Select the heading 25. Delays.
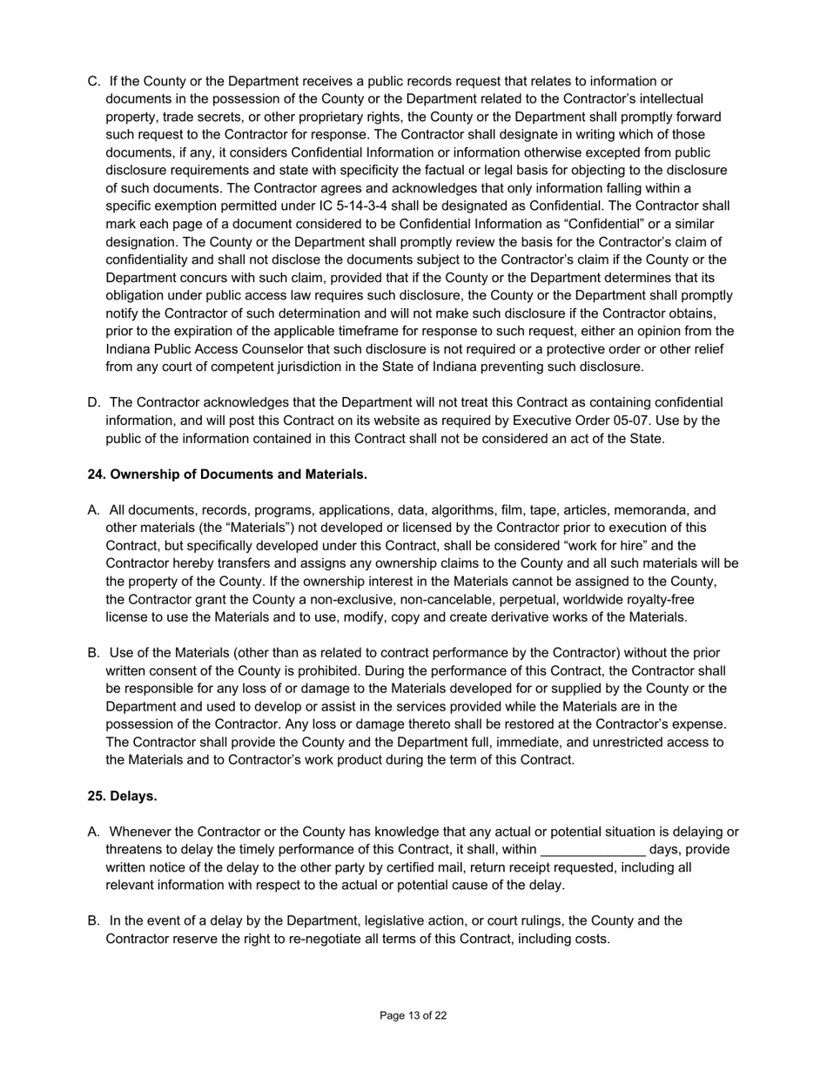pos(122,796)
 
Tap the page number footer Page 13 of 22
pos(413,1015)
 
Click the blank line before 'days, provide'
pos(593,850)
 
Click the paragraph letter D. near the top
pos(94,402)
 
